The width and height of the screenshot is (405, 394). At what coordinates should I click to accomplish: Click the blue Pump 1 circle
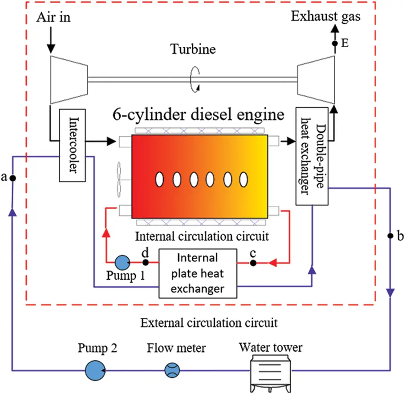pyautogui.click(x=121, y=262)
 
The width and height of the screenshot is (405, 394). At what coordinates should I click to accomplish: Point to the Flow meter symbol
pyautogui.click(x=172, y=371)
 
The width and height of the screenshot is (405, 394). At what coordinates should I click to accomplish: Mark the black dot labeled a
pyautogui.click(x=13, y=178)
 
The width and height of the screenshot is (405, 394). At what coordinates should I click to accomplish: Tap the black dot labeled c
pyautogui.click(x=253, y=262)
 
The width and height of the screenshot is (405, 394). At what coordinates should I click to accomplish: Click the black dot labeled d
pyautogui.click(x=145, y=262)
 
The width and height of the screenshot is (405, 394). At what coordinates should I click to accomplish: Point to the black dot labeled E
pyautogui.click(x=334, y=44)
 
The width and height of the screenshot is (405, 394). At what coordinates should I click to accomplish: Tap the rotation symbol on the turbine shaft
pyautogui.click(x=195, y=80)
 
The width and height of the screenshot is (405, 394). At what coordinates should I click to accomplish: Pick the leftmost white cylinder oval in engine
pyautogui.click(x=159, y=179)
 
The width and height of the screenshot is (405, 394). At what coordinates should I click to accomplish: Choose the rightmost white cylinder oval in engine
pyautogui.click(x=243, y=179)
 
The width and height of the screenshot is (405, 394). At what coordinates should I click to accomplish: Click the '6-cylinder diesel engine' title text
pyautogui.click(x=198, y=115)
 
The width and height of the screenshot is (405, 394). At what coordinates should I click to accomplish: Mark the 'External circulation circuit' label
pyautogui.click(x=202, y=323)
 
